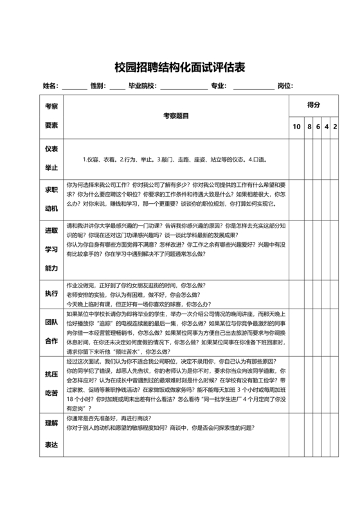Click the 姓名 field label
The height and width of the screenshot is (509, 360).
50,85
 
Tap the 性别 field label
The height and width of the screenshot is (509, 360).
97,85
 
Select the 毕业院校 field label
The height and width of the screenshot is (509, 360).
141,85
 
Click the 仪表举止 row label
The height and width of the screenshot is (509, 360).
51,158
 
